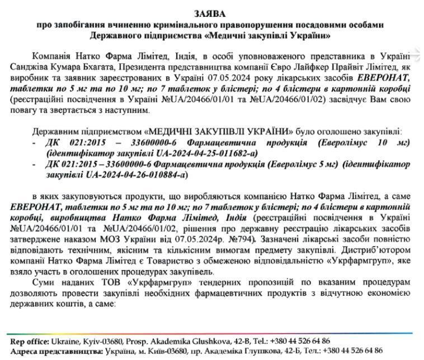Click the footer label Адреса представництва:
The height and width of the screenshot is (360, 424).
(56, 351)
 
